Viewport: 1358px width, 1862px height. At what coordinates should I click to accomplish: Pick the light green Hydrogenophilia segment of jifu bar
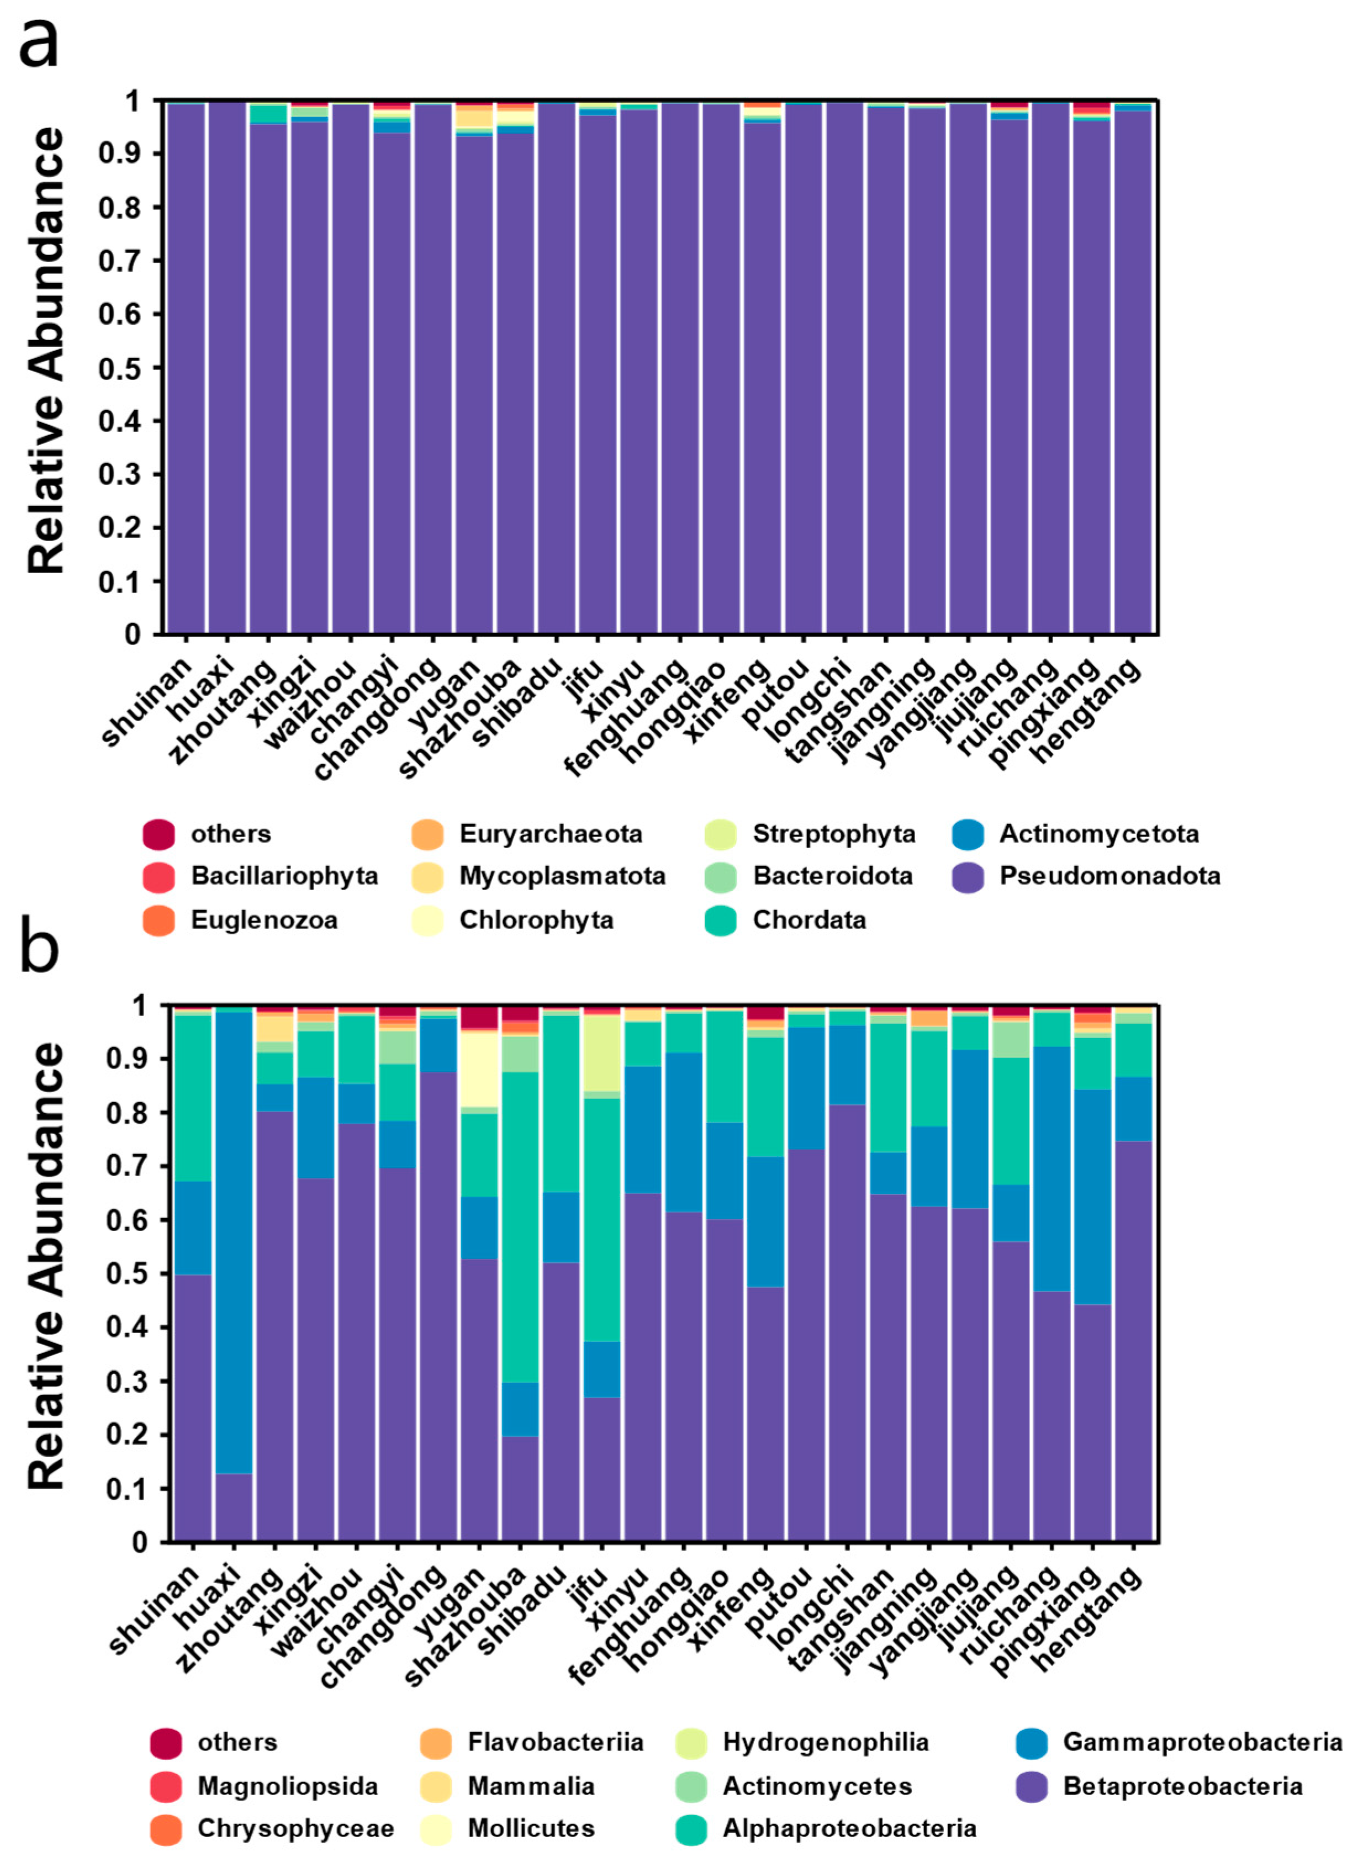click(603, 1052)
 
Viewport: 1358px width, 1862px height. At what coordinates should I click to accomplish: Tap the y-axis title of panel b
click(46, 1266)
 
